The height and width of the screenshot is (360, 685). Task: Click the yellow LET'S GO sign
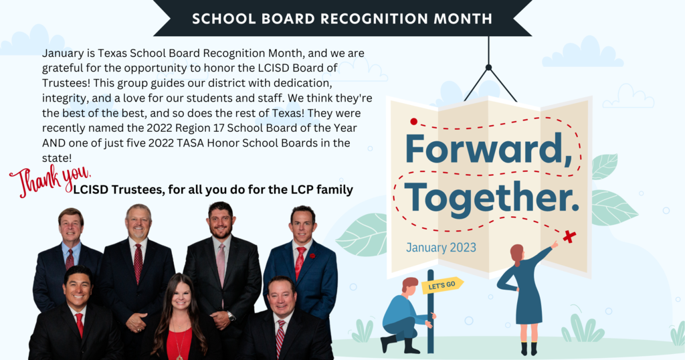(x=442, y=285)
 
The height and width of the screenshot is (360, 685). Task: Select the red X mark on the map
(x=569, y=237)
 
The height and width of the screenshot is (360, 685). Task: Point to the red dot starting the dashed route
(x=413, y=122)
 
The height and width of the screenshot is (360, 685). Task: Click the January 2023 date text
(x=441, y=248)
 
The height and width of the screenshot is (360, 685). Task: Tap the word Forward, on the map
(x=489, y=149)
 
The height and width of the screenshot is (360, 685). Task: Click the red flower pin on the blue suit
(x=312, y=256)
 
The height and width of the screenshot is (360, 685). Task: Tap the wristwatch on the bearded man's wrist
(x=231, y=317)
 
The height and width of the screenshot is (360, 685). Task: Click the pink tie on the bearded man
(x=221, y=266)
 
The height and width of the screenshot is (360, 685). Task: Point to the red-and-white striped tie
(x=280, y=338)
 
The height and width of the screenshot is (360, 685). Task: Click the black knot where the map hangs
(x=488, y=68)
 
